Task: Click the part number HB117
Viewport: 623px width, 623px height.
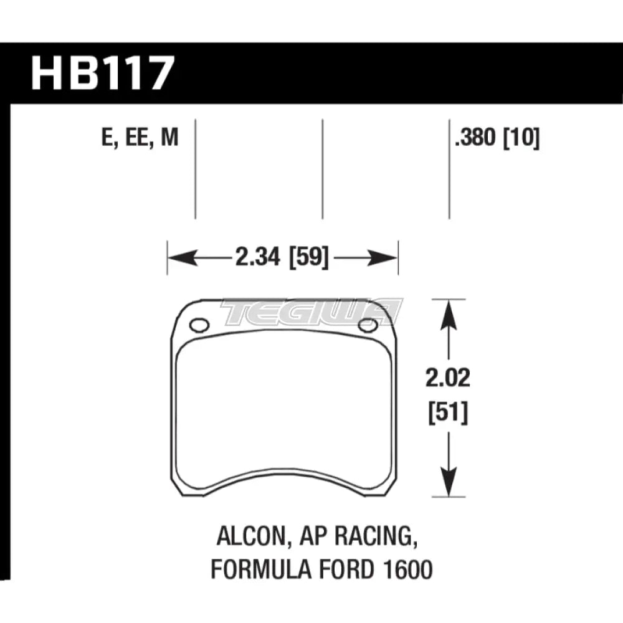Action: click(x=100, y=74)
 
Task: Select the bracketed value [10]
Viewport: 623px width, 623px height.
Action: click(x=520, y=137)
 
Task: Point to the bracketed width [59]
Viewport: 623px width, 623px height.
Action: click(x=307, y=257)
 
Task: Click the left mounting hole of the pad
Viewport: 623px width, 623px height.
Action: click(x=199, y=325)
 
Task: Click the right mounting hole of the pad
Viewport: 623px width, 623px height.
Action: click(x=368, y=325)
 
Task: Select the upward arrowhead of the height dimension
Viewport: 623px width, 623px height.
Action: click(x=446, y=311)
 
